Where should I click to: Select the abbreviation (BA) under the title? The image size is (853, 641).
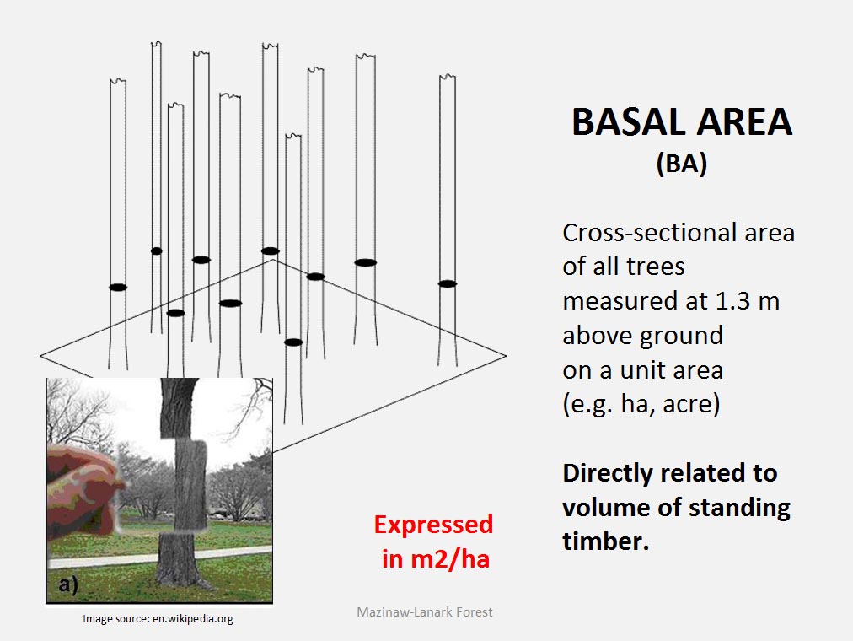(682, 164)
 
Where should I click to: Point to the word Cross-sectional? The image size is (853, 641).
(648, 233)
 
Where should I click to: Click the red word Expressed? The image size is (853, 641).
(433, 525)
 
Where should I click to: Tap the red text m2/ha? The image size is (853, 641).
(450, 559)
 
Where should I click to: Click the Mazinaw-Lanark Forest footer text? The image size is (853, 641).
(424, 612)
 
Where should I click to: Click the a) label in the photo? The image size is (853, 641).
(68, 584)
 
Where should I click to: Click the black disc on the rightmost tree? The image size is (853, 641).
(448, 283)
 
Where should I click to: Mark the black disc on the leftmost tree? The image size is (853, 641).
(118, 288)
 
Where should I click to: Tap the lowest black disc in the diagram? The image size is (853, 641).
(293, 342)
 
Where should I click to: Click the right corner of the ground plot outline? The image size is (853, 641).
(506, 357)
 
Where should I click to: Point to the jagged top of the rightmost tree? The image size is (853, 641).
(448, 78)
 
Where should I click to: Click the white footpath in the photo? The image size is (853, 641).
(161, 557)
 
